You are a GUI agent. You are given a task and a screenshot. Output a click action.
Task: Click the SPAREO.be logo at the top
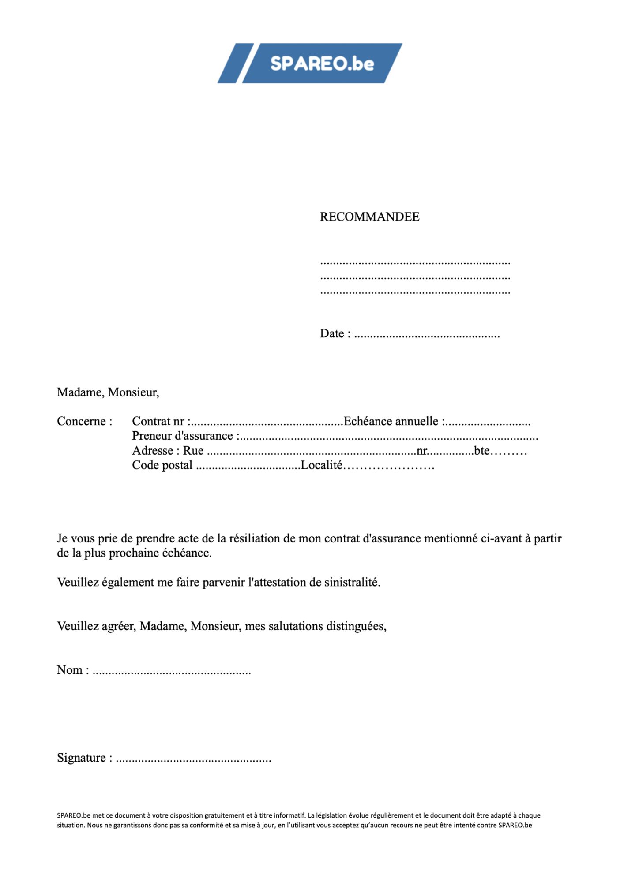pyautogui.click(x=310, y=64)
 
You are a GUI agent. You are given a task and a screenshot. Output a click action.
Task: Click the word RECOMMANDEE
pyautogui.click(x=369, y=217)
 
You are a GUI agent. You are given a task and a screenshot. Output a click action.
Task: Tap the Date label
pyautogui.click(x=331, y=333)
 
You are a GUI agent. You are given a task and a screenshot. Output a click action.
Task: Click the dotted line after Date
pyautogui.click(x=427, y=335)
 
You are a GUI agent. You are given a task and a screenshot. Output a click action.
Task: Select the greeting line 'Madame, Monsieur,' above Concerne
pyautogui.click(x=108, y=392)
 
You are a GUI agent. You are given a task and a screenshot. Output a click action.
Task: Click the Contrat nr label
pyautogui.click(x=158, y=421)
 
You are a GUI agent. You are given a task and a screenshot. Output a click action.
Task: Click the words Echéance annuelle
pyautogui.click(x=391, y=421)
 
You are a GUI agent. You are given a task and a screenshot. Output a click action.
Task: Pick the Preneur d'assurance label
pyautogui.click(x=182, y=436)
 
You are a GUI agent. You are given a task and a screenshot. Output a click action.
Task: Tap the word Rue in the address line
pyautogui.click(x=193, y=451)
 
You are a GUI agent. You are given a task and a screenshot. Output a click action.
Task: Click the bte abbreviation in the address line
pyautogui.click(x=482, y=451)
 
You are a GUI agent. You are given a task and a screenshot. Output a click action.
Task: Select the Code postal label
pyautogui.click(x=162, y=465)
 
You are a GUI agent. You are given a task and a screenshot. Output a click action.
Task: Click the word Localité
pyautogui.click(x=321, y=465)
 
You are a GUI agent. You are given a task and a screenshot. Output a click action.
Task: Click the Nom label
pyautogui.click(x=70, y=670)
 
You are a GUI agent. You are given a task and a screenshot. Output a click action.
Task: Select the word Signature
pyautogui.click(x=82, y=758)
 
